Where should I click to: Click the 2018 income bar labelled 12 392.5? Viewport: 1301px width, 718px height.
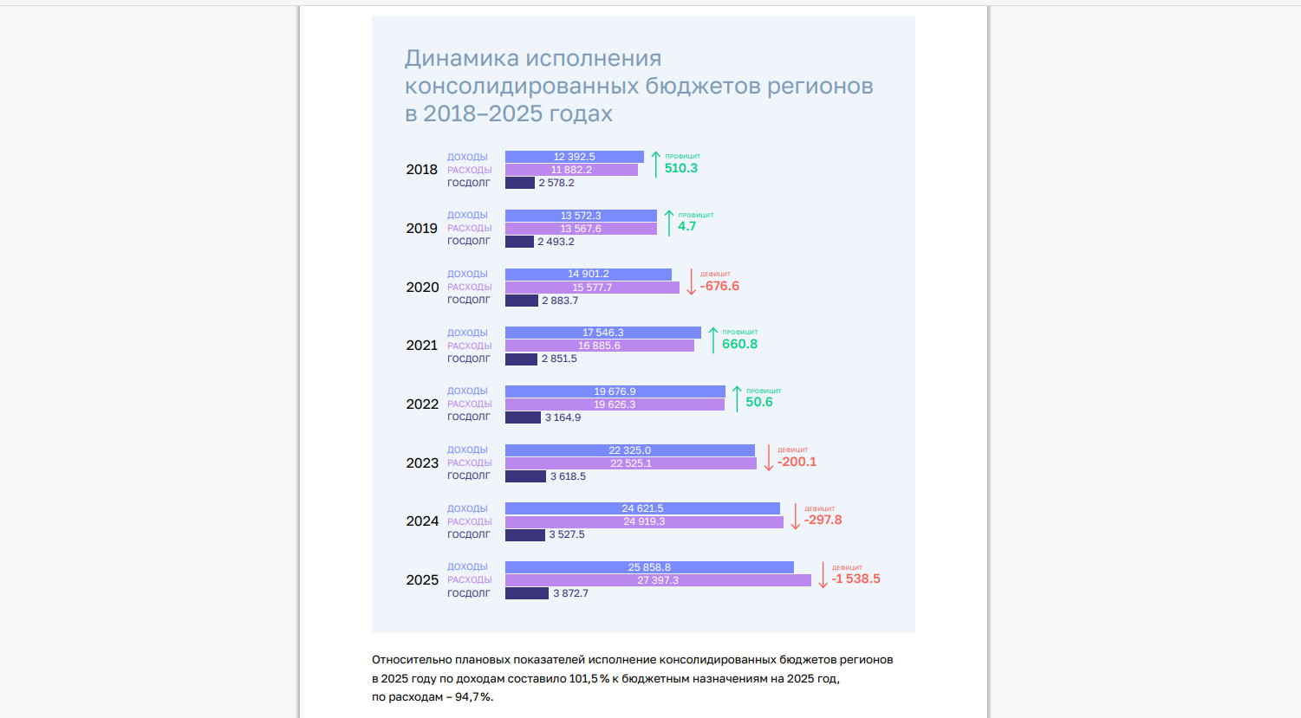pos(574,157)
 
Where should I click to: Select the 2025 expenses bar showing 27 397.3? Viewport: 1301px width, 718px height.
pos(658,580)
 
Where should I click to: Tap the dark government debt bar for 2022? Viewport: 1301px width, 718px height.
pos(523,417)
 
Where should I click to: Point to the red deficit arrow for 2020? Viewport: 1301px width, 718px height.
pos(691,282)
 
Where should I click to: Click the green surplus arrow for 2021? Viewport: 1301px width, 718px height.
pos(713,340)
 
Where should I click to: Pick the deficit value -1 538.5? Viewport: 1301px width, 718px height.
pos(855,579)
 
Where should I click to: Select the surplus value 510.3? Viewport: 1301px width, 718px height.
pos(680,168)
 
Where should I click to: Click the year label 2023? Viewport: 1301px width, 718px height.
pos(422,463)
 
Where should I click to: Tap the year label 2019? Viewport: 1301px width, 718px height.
pos(422,229)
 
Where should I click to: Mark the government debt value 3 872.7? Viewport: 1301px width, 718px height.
pos(570,593)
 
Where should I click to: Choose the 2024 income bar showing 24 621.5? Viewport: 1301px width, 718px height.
pos(642,508)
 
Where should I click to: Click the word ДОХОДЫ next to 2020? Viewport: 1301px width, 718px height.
pos(467,275)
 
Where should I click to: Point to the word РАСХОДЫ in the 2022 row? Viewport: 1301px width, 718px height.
pos(469,404)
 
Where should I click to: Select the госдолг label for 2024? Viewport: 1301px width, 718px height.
pos(468,534)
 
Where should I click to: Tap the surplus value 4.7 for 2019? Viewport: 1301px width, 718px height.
pos(686,226)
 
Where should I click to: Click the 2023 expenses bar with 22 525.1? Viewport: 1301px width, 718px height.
pos(630,463)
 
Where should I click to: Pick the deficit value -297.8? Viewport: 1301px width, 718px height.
pos(823,521)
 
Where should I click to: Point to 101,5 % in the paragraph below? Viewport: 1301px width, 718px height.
pos(589,679)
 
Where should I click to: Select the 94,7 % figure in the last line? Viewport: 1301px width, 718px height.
pos(473,697)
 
